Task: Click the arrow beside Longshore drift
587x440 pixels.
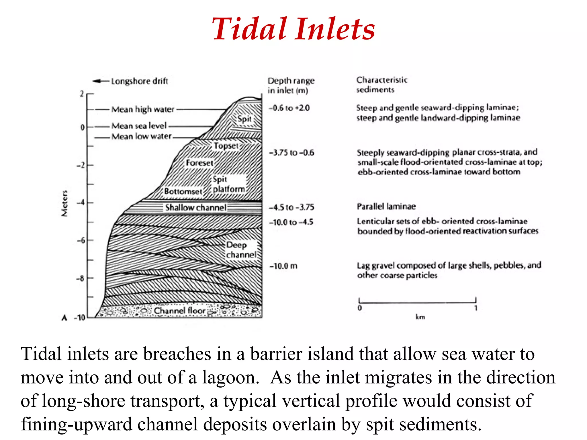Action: pyautogui.click(x=100, y=81)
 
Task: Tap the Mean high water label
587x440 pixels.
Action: pyautogui.click(x=143, y=109)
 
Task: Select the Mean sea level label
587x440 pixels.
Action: pyautogui.click(x=139, y=126)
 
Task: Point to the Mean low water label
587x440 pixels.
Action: pyautogui.click(x=141, y=136)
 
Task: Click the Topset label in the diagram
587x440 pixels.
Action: pyautogui.click(x=226, y=146)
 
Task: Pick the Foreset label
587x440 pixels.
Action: pyautogui.click(x=199, y=163)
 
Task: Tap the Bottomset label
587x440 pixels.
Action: pyautogui.click(x=183, y=191)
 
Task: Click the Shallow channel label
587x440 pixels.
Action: pyautogui.click(x=195, y=207)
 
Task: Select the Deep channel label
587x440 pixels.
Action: pyautogui.click(x=241, y=250)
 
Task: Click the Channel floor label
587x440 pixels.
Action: pyautogui.click(x=180, y=311)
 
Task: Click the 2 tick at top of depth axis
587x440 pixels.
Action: pyautogui.click(x=82, y=94)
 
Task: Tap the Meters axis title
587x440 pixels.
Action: pyautogui.click(x=65, y=203)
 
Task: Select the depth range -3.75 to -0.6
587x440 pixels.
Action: pyautogui.click(x=291, y=152)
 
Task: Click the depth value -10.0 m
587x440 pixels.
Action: pyautogui.click(x=283, y=266)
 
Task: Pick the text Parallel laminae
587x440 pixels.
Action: pyautogui.click(x=386, y=206)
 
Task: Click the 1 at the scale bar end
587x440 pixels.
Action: pyautogui.click(x=476, y=308)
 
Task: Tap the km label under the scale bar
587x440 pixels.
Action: pyautogui.click(x=420, y=317)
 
